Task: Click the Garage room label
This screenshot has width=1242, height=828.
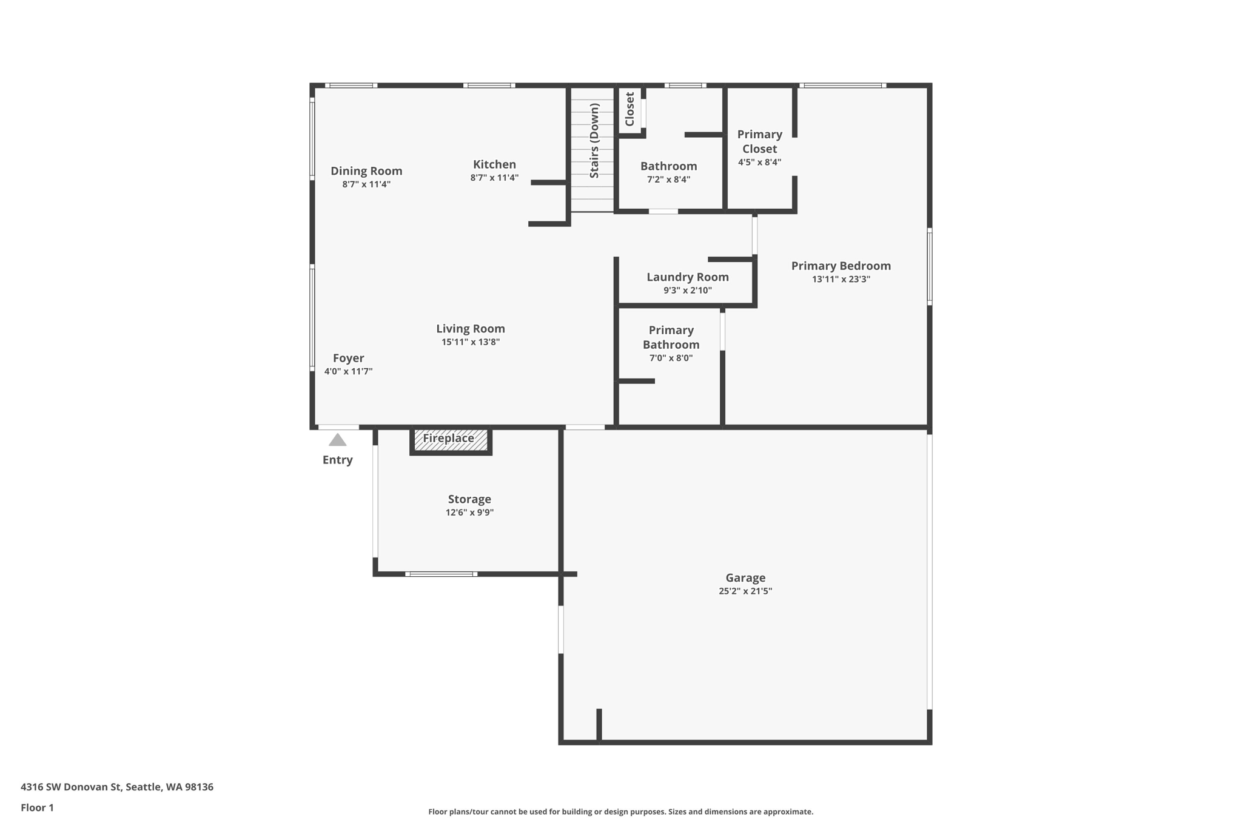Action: click(745, 577)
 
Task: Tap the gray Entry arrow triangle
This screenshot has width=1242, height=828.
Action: click(337, 440)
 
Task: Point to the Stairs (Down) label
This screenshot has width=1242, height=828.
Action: click(594, 141)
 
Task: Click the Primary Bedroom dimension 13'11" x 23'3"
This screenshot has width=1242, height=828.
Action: click(841, 280)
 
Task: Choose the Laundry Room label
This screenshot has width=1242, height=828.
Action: click(687, 277)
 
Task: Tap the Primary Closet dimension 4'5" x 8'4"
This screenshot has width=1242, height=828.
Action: click(759, 163)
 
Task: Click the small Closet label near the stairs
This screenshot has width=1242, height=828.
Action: click(629, 109)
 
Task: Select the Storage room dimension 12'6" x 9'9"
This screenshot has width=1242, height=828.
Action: click(469, 513)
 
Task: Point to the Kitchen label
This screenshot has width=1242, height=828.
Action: click(494, 164)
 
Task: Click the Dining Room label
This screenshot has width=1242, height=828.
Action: click(366, 171)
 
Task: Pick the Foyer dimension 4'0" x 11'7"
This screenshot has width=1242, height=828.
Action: click(348, 372)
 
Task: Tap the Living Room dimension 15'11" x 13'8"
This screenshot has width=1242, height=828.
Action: click(471, 342)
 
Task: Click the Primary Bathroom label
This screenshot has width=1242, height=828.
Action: click(671, 337)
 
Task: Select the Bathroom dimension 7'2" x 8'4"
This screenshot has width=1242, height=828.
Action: click(668, 180)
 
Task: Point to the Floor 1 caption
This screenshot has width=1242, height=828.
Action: click(37, 807)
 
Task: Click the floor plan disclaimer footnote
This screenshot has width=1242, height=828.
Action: click(620, 812)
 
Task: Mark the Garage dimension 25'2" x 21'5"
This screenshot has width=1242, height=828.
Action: click(745, 591)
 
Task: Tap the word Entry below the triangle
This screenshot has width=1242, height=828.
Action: click(337, 460)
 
